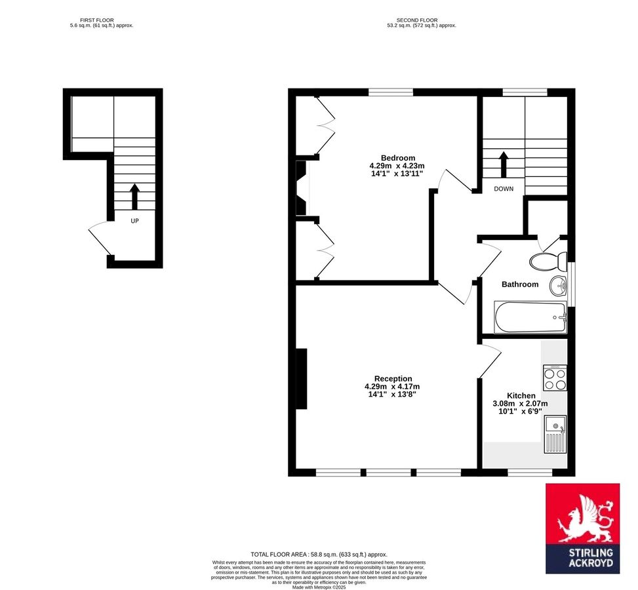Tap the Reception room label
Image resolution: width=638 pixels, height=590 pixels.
coord(393,378)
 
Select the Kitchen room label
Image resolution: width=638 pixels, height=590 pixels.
coord(521,396)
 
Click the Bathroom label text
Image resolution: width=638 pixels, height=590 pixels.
coord(520,285)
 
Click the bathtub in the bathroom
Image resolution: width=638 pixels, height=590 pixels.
coord(530,317)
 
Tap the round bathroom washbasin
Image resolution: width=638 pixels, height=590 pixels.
coord(559,285)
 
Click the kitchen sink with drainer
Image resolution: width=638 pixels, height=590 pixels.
coord(555,434)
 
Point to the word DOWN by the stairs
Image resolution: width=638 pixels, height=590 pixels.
coord(504,189)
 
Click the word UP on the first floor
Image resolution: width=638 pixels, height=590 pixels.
coord(134,221)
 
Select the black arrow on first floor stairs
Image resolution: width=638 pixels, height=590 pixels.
coord(134,196)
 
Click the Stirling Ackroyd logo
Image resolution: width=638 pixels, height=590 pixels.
coord(582,529)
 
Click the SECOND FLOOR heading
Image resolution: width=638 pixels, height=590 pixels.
coord(421,20)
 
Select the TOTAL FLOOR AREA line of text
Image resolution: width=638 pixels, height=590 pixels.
coord(319,555)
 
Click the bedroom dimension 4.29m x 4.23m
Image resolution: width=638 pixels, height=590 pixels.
coord(397,166)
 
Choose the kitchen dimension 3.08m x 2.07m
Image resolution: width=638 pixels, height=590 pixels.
coord(520,404)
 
